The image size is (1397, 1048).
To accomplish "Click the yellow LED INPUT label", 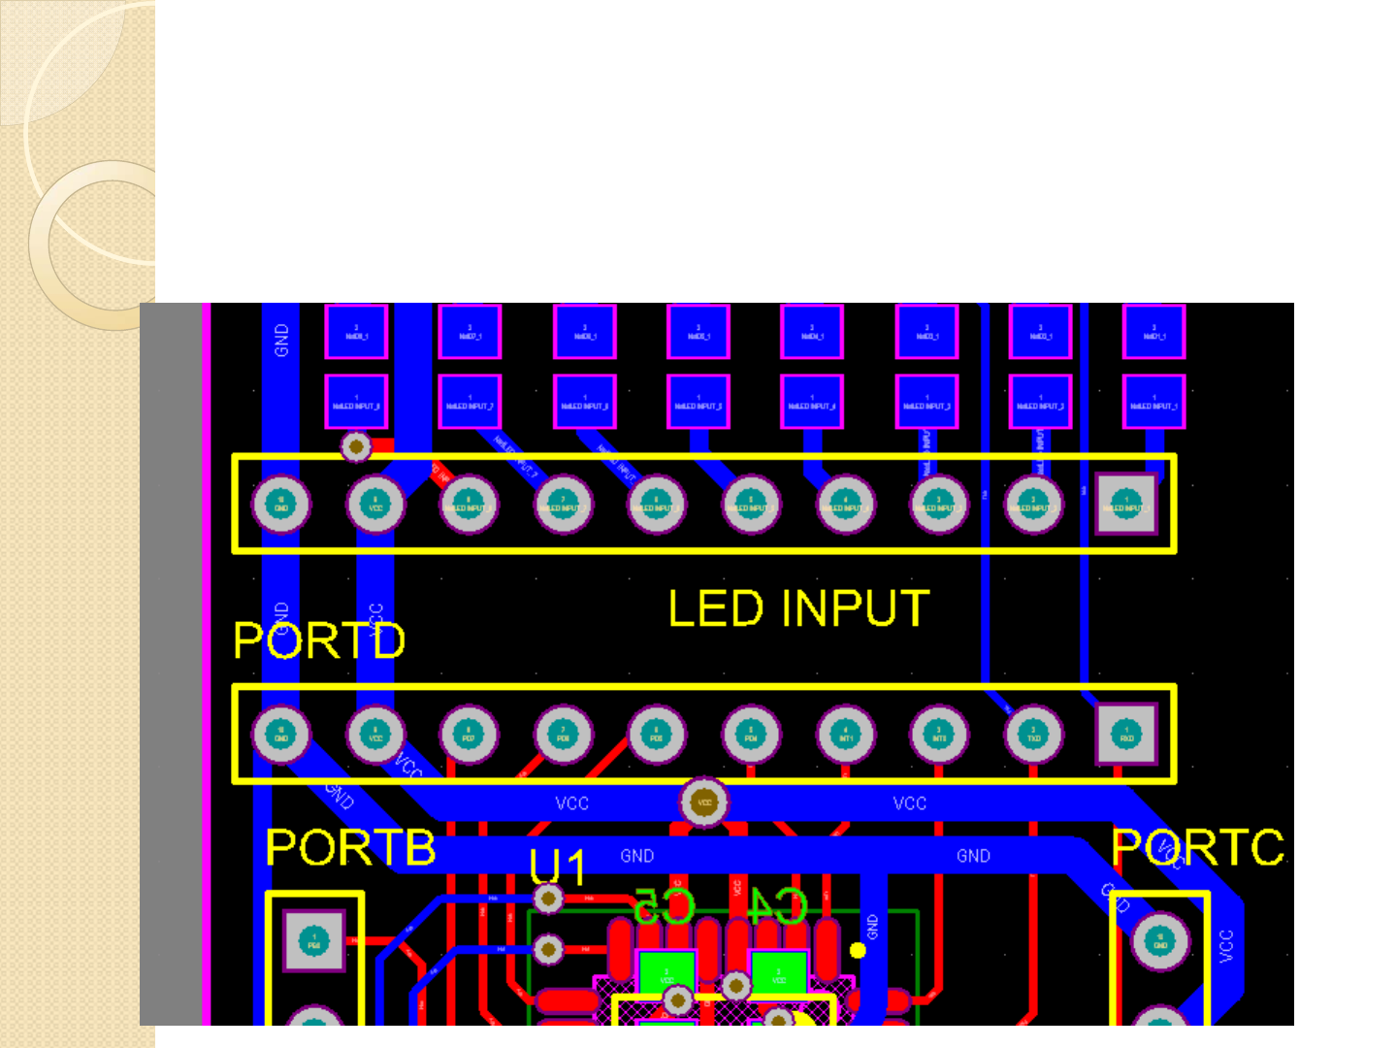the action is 798,608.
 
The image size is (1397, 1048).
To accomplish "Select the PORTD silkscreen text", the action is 319,640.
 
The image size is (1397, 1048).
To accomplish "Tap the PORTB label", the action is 350,847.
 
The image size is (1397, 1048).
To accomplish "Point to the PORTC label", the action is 1197,847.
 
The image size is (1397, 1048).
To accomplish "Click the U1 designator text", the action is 557,867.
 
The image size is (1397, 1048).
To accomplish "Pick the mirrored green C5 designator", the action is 665,905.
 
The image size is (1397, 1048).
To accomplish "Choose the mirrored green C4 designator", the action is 777,905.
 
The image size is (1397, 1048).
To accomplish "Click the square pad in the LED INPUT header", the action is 1125,505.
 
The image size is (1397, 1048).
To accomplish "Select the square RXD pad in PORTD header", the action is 1126,735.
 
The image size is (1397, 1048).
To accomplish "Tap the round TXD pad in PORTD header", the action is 1033,735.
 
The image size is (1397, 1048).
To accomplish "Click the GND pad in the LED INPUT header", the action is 281,505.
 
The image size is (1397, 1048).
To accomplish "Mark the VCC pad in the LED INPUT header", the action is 375,505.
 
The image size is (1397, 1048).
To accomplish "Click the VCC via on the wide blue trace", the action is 704,802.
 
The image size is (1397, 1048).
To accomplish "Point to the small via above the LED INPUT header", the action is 356,446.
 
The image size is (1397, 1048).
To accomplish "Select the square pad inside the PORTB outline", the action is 314,941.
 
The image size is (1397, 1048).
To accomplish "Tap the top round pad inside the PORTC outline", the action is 1160,940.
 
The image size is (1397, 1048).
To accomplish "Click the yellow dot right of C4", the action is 858,950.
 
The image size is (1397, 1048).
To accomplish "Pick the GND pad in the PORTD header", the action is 281,735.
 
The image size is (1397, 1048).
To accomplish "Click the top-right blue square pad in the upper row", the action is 1153,332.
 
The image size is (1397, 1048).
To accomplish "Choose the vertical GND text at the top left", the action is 281,340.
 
